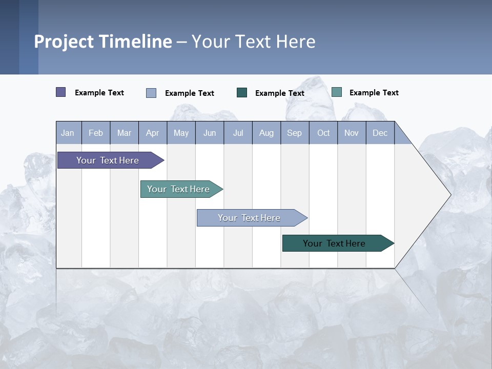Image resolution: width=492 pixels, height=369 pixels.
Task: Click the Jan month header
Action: [68, 133]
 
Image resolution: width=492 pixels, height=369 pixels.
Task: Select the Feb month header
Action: [96, 133]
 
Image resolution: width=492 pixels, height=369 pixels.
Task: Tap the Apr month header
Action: [152, 133]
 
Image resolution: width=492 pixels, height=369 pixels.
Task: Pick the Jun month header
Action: [210, 133]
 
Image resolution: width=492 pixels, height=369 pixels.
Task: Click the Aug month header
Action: [266, 133]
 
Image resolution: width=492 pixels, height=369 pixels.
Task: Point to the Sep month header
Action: [294, 133]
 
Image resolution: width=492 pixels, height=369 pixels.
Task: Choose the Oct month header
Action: [323, 133]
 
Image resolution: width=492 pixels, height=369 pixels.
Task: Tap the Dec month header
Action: [380, 133]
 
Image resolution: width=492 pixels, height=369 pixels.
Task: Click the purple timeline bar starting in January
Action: [108, 160]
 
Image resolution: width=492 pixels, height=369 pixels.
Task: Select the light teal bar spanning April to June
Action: [178, 189]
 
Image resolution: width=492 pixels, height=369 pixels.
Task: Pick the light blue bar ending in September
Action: [249, 218]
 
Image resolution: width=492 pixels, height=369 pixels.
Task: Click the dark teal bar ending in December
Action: [334, 243]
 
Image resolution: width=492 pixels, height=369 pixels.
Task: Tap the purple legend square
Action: [61, 92]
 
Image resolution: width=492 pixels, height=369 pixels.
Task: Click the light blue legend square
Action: [151, 93]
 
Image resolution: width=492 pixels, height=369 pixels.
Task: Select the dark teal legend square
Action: [242, 93]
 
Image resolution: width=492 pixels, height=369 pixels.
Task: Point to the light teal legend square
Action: [337, 92]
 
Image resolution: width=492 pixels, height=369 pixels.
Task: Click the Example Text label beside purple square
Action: [99, 93]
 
